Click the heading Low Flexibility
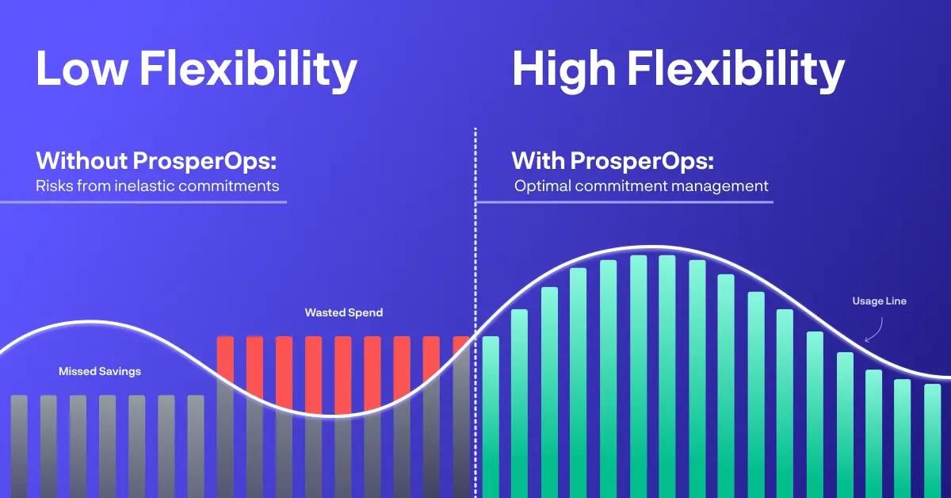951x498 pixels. point(196,70)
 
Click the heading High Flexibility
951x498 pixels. point(678,70)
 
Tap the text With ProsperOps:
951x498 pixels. point(613,161)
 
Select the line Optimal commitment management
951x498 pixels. point(641,187)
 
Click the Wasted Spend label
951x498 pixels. point(344,312)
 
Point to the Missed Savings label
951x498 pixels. point(100,371)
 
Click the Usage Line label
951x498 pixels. point(879,301)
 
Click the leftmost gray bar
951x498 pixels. point(19,444)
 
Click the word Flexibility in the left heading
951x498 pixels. point(248,70)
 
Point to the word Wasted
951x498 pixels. point(325,312)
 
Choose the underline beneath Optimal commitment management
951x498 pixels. point(624,202)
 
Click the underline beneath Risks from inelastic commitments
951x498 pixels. point(143,202)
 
